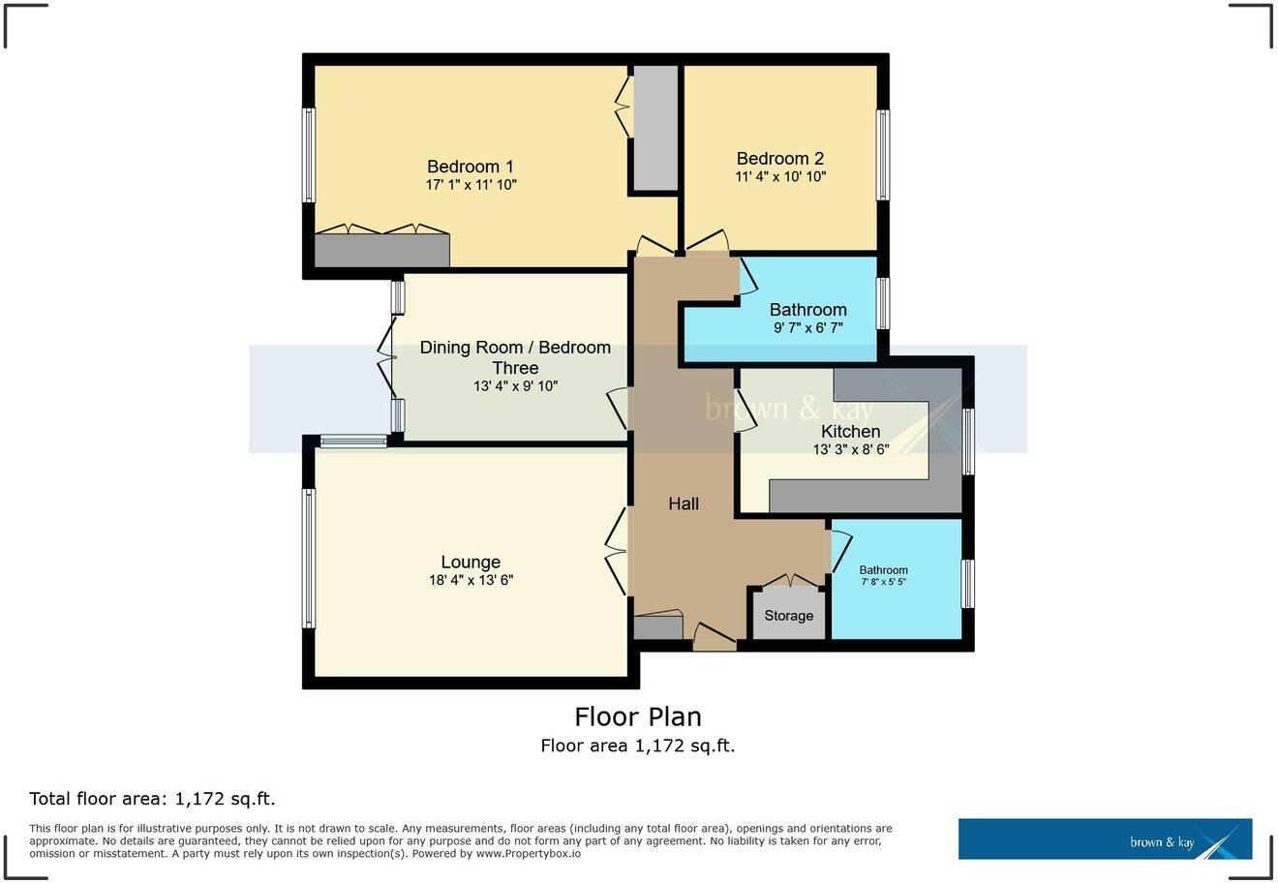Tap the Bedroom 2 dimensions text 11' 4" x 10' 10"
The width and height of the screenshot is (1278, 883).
click(780, 177)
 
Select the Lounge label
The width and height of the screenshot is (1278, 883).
click(471, 562)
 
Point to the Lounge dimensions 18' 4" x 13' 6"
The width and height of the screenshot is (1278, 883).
click(471, 580)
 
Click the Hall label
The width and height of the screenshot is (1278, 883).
click(684, 503)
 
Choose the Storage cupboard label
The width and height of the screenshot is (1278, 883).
click(789, 616)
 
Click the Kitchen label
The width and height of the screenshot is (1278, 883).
click(851, 431)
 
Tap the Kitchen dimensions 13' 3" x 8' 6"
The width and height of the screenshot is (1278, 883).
click(851, 449)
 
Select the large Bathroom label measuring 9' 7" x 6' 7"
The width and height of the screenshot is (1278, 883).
click(808, 310)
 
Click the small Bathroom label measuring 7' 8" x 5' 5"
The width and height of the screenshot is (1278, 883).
click(883, 570)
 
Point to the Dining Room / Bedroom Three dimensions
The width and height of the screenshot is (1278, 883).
click(515, 386)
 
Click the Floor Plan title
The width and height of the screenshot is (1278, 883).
click(638, 716)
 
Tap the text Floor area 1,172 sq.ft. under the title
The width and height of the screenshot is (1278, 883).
click(638, 746)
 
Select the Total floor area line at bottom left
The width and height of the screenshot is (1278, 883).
click(153, 799)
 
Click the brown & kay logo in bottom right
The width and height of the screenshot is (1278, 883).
click(1105, 839)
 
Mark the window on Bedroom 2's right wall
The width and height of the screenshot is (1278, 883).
click(883, 155)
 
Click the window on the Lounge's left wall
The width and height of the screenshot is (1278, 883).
click(309, 558)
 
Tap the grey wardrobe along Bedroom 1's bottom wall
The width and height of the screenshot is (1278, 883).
click(382, 250)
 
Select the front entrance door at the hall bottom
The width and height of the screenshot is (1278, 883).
click(715, 638)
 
